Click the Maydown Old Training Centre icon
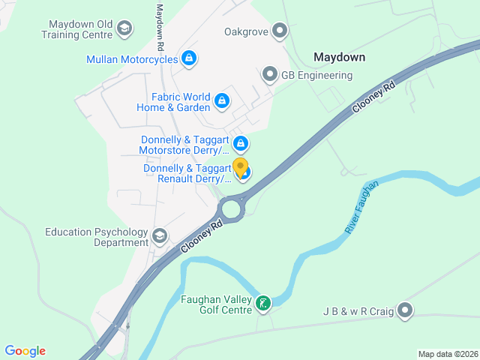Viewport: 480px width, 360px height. coord(124,29)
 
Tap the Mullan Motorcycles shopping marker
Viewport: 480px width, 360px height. coord(189,58)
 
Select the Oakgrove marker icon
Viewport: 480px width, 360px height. coord(280,31)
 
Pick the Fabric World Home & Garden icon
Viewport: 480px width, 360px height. coord(222,100)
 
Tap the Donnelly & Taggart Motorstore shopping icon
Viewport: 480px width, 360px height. coord(241,143)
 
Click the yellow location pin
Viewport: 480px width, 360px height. coord(241,166)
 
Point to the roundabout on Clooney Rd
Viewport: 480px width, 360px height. coord(231,207)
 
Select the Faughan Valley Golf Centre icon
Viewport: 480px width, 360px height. coord(263,304)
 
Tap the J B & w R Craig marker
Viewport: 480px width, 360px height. coord(405,310)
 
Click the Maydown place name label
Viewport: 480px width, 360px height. coord(339,57)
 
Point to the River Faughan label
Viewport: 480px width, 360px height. coord(362,207)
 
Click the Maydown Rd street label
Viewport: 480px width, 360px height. coord(160,28)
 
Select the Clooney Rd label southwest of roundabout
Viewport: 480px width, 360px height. coord(202,236)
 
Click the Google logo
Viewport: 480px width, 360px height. coord(25,351)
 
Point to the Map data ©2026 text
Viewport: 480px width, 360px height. coord(446,354)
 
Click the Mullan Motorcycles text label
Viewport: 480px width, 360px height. coord(132,59)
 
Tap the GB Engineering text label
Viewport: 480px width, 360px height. coord(316,75)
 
